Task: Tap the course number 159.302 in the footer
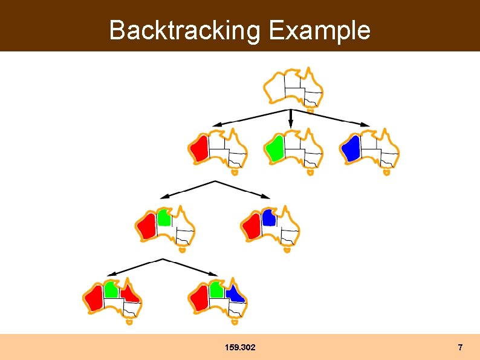pos(239,347)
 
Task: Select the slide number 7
pos(460,347)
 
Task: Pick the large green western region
pos(275,148)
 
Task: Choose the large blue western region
pos(351,148)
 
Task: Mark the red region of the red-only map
pos(199,148)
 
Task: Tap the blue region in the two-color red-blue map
pos(269,217)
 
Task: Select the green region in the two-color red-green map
pos(163,218)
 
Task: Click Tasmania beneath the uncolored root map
pos(310,111)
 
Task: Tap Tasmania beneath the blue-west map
pos(386,172)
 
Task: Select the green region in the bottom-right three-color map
pos(216,290)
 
